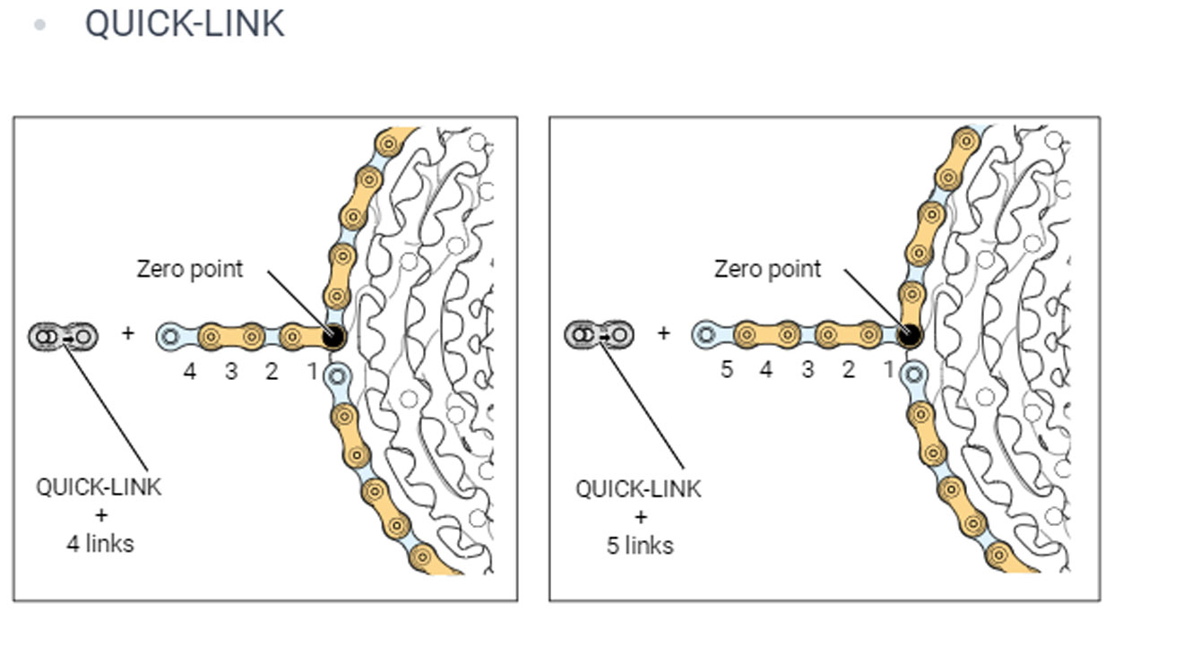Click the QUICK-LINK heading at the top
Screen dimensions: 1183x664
(185, 24)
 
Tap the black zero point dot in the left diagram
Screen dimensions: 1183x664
(333, 337)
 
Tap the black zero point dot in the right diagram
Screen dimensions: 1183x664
(910, 335)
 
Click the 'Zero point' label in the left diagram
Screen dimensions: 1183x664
(190, 269)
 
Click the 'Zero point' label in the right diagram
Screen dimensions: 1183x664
(767, 269)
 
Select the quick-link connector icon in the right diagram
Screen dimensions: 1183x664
(600, 334)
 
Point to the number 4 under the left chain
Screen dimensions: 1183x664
(190, 371)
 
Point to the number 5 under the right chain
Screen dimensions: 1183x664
(727, 369)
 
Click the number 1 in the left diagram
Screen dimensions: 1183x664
(313, 371)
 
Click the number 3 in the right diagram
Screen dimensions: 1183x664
(807, 369)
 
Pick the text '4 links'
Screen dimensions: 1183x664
(100, 544)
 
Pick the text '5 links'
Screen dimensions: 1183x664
(640, 546)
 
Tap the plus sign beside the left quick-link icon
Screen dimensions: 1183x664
(128, 333)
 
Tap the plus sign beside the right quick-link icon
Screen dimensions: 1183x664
(664, 332)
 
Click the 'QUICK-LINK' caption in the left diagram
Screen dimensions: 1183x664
(99, 487)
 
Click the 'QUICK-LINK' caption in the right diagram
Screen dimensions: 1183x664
(638, 489)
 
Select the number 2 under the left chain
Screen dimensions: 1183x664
(272, 371)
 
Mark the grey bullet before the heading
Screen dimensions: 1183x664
(39, 25)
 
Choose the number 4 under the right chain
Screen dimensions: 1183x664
(766, 369)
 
